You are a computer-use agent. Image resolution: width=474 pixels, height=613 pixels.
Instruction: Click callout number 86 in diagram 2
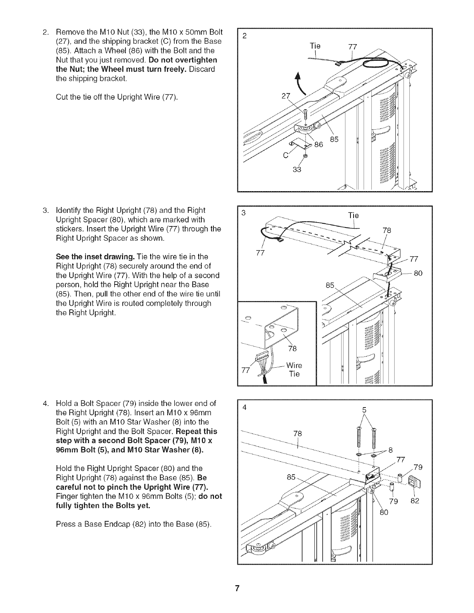pyautogui.click(x=318, y=145)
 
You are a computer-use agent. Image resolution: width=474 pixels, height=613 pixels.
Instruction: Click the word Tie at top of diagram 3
pyautogui.click(x=353, y=215)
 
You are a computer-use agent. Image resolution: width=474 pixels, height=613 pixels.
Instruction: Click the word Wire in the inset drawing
pyautogui.click(x=294, y=365)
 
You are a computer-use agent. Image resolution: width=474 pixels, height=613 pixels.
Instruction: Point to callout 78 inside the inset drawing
pyautogui.click(x=292, y=348)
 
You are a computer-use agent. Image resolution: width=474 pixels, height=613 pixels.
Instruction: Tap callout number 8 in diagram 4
pyautogui.click(x=390, y=450)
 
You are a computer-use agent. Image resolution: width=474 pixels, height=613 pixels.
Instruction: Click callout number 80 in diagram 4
pyautogui.click(x=383, y=513)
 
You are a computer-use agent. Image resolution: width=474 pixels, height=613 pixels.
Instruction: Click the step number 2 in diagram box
pyautogui.click(x=244, y=37)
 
